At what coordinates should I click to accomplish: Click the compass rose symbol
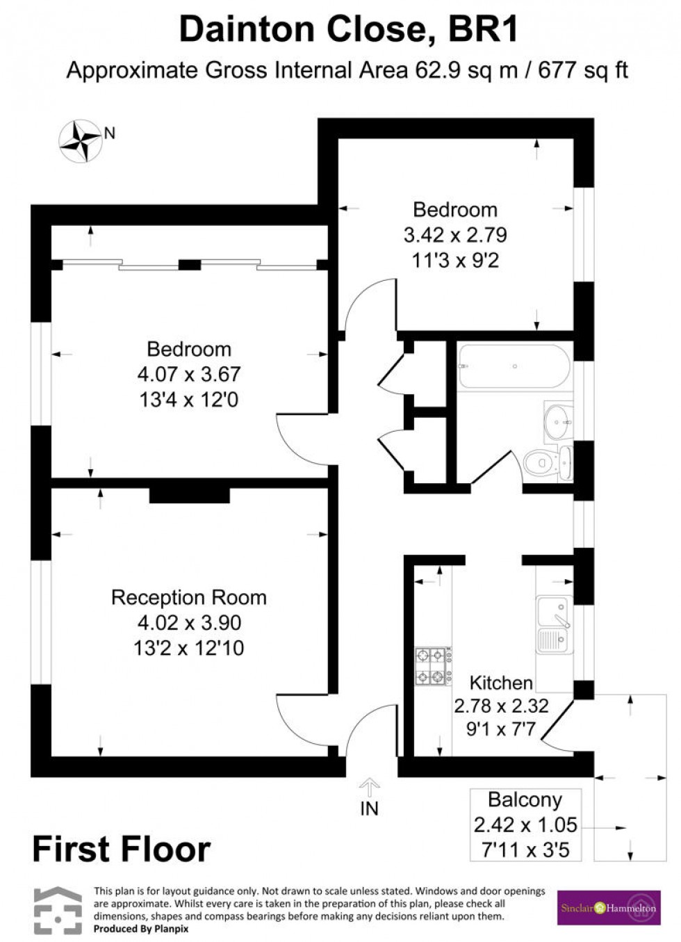coord(81,141)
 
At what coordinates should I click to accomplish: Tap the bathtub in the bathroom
coord(514,366)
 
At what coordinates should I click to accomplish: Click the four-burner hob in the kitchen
coord(431,666)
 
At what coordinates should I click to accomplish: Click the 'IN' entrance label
coord(369,809)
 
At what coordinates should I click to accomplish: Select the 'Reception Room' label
coord(188,597)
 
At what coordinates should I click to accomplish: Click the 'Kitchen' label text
coord(501,682)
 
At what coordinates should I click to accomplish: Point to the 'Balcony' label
coord(525,799)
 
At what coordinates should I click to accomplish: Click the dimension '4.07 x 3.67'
coord(188,374)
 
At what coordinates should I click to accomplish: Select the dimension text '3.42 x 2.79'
coord(455,235)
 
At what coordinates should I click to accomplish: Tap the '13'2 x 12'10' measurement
coord(188,648)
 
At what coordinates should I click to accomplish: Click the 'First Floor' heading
coord(121,850)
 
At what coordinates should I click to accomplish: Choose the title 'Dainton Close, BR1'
coord(348,30)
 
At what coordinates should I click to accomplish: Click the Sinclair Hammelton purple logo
coord(608,907)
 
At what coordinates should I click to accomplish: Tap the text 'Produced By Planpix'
coord(141,929)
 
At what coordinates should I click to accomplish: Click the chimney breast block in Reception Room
coord(189,494)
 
